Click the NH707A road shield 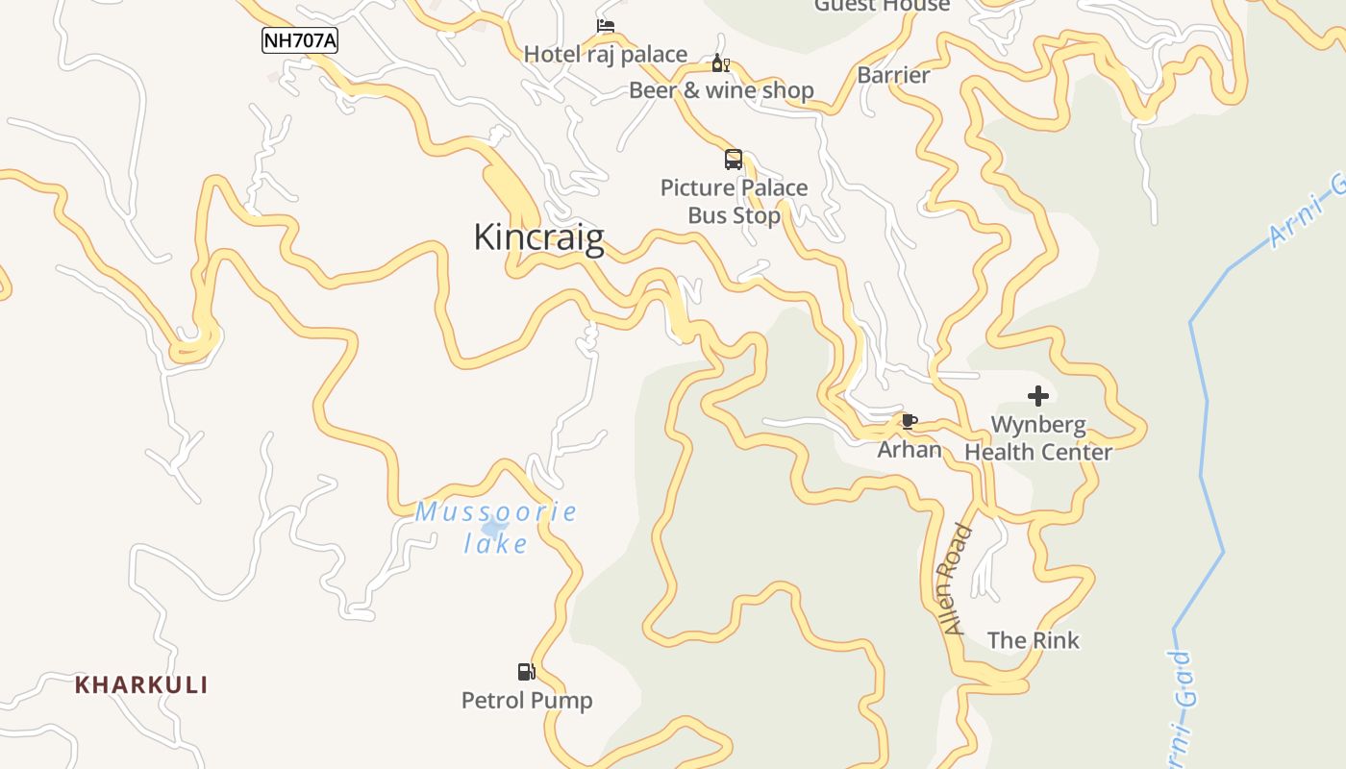300,40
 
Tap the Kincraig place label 538,237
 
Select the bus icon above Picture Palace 734,160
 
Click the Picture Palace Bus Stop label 734,201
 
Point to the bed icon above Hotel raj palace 605,26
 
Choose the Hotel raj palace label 605,55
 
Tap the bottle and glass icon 720,63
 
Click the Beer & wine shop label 721,90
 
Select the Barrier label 893,75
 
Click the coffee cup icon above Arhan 909,420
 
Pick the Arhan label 909,449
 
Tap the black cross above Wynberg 1037,395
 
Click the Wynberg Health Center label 1037,437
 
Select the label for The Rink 1033,640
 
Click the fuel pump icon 526,671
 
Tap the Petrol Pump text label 527,700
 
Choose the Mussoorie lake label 496,528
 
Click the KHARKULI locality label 141,685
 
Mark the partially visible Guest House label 882,6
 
